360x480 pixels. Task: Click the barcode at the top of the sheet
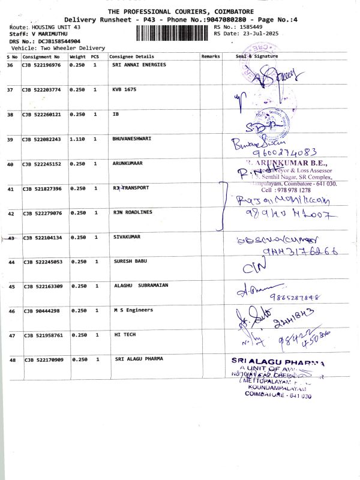170,31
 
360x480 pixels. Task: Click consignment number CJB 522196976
41,65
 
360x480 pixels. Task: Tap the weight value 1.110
77,139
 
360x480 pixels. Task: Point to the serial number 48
12,360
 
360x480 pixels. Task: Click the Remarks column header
211,56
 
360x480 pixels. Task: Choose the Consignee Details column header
127,56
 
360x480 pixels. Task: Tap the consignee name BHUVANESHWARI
131,139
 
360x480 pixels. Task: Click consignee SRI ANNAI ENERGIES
139,65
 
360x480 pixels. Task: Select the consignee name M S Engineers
133,310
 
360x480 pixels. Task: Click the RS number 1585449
250,28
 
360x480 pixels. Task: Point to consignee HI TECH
125,335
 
